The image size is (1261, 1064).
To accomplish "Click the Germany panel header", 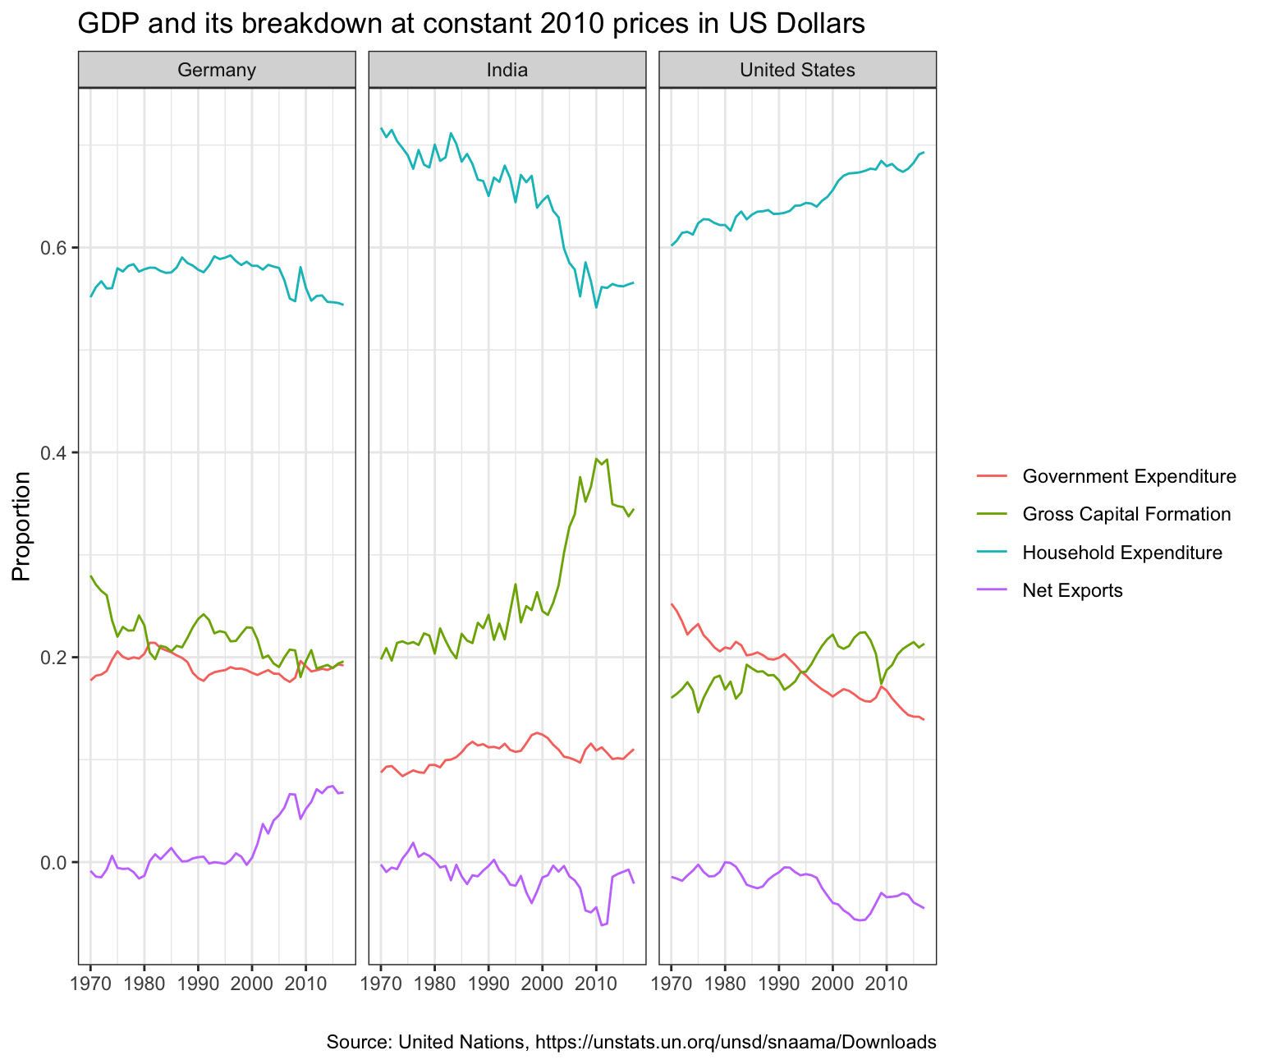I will pos(217,70).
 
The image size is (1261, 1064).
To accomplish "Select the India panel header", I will pos(507,70).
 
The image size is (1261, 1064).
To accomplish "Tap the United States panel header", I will pos(797,70).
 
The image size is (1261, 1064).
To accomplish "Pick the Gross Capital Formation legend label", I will pos(1126,514).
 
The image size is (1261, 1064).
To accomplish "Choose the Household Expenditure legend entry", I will pos(1122,553).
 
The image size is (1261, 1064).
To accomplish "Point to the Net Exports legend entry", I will pos(1072,590).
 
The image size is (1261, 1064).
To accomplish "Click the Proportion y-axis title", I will pos(22,526).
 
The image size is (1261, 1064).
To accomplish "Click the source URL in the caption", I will pos(736,1043).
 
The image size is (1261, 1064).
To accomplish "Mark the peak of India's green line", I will pos(596,459).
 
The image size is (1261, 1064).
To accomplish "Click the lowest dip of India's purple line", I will pos(602,925).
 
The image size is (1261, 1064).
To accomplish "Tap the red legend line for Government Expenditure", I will pos(992,476).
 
